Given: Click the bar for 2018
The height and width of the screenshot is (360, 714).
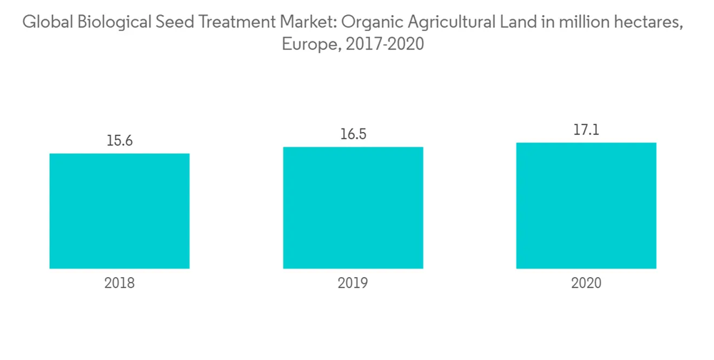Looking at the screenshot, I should pyautogui.click(x=119, y=211).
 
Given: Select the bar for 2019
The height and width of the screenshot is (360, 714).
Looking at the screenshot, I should pyautogui.click(x=353, y=208).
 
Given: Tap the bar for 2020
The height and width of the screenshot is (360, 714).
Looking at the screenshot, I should pyautogui.click(x=586, y=206).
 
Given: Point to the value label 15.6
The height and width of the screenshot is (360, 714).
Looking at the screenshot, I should pyautogui.click(x=119, y=141).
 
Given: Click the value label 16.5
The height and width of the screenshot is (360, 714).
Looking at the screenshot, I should pyautogui.click(x=353, y=134).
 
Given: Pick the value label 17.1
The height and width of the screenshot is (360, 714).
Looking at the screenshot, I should pyautogui.click(x=586, y=130).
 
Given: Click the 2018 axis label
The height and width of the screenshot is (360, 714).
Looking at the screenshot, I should pyautogui.click(x=119, y=283).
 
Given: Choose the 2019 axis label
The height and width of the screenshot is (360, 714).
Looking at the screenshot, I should pyautogui.click(x=353, y=283).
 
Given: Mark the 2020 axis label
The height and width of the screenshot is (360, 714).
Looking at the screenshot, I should pyautogui.click(x=586, y=283).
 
